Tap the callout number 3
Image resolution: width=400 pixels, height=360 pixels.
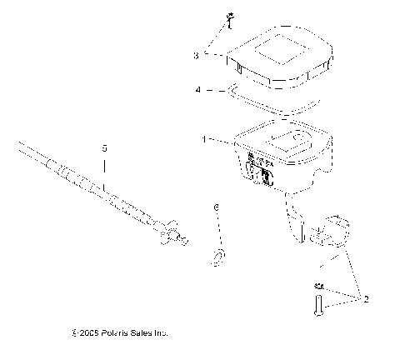[x=197, y=55]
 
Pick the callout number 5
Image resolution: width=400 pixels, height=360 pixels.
[x=104, y=148]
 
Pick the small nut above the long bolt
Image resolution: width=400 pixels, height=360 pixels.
[x=318, y=285]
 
